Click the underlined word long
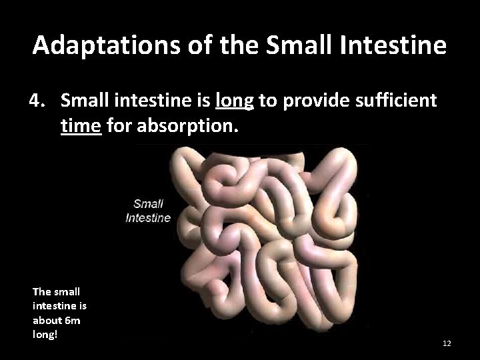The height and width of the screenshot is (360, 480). (x=235, y=101)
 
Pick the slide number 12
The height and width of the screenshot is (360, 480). (x=447, y=343)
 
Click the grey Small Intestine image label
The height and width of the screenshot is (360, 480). (x=148, y=211)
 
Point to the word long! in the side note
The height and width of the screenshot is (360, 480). (x=45, y=334)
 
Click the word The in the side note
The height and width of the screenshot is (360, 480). (x=41, y=291)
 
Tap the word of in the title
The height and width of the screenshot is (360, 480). (x=181, y=45)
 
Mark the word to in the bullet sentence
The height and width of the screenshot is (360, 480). (x=268, y=101)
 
